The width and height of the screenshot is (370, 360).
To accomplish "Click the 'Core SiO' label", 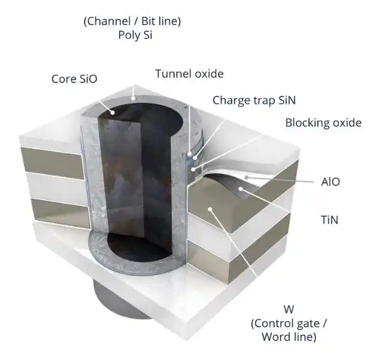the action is tap(74, 79).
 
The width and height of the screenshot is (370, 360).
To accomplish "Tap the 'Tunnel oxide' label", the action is tap(189, 74).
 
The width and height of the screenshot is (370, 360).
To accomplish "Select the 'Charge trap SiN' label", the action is tap(254, 100).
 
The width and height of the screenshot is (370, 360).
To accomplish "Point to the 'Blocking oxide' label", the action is tap(323, 123).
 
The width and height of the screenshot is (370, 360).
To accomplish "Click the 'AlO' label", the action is tap(330, 182).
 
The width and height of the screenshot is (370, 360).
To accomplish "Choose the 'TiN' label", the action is tap(330, 220).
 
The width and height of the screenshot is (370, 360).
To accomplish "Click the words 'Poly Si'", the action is tap(135, 35).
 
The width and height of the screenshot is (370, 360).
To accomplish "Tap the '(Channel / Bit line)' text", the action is tap(132, 21).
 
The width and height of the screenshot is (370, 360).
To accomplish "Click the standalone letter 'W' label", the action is tap(289, 309).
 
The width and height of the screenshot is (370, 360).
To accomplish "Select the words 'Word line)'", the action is tap(289, 337).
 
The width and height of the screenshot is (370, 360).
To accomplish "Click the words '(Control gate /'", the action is tap(289, 323).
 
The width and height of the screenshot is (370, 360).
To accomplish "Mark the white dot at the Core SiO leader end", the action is tap(113, 112).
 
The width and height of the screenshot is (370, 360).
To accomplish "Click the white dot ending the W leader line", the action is tap(210, 209).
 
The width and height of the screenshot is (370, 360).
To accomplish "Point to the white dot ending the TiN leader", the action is tap(241, 188).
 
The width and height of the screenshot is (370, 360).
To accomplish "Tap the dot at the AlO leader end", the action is tap(247, 177).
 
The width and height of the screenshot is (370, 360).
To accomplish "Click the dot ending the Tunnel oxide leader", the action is tap(189, 154).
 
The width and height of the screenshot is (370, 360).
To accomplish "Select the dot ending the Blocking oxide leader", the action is tap(193, 169).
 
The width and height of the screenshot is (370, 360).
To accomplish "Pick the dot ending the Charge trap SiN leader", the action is tap(195, 157).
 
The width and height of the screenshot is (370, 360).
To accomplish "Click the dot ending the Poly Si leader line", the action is tap(133, 97).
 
